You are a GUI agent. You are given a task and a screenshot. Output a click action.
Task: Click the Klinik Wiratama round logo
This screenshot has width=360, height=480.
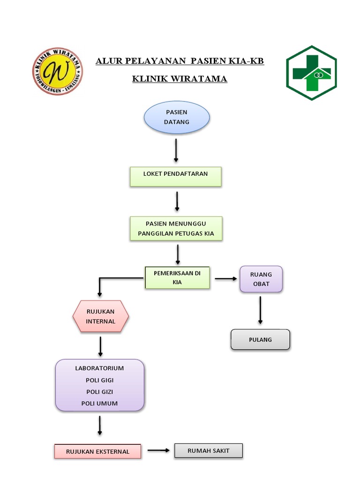[57, 71]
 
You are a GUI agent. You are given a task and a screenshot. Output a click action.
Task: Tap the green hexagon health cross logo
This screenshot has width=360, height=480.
[311, 73]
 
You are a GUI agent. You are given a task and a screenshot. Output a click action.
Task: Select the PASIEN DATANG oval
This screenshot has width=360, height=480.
[176, 117]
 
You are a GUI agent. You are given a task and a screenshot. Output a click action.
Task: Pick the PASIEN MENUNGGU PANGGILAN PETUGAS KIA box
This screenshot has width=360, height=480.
[176, 228]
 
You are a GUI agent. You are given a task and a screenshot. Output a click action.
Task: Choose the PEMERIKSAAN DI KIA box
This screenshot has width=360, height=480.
[177, 277]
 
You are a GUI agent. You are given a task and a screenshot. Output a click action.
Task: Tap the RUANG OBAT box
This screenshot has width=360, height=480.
[261, 279]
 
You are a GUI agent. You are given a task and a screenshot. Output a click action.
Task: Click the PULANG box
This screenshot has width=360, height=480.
[260, 339]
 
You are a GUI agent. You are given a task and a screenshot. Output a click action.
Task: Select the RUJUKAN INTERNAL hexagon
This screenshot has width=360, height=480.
[100, 316]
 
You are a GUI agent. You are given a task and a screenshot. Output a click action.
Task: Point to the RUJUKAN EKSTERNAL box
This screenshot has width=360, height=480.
[98, 451]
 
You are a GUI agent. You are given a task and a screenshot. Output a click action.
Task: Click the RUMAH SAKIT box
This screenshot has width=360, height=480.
[209, 450]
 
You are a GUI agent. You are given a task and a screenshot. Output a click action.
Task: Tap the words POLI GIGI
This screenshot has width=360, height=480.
[99, 380]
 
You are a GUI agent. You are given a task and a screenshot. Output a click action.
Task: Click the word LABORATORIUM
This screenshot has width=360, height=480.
[99, 368]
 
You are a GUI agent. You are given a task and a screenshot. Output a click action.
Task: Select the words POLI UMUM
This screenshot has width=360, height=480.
[99, 403]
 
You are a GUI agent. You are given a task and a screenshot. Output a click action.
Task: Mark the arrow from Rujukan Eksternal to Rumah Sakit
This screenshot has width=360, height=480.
[158, 451]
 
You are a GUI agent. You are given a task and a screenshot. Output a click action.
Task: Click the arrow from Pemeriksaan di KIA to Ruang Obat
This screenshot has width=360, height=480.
[226, 279]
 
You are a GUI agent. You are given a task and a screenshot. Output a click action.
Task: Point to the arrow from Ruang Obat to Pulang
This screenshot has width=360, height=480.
[260, 309]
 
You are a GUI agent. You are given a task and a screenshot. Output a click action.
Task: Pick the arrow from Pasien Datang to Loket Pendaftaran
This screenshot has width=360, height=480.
[176, 150]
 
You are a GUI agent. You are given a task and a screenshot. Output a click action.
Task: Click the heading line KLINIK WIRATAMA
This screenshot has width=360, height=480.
[180, 79]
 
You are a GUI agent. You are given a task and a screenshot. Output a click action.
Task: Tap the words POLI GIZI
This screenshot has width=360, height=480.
[99, 392]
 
